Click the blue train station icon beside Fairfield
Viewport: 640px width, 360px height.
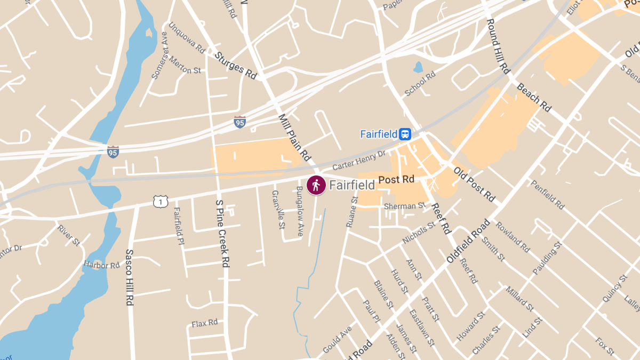pos(406,134)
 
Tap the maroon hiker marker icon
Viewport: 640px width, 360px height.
pos(316,185)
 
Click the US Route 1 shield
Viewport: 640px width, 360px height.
pos(160,201)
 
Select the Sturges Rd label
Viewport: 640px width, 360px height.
pos(236,64)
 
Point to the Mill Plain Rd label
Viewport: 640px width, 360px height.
pos(294,138)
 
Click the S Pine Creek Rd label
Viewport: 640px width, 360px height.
pos(222,234)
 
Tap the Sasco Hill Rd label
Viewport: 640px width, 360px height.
pos(129,277)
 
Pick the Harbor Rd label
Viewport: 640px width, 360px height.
pos(102,265)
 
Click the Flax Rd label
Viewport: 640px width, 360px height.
pos(205,323)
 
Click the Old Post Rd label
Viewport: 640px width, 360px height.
pos(474,185)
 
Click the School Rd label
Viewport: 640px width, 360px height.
pos(420,84)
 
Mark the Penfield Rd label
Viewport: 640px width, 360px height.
pos(547,194)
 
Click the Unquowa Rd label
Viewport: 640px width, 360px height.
pos(187,37)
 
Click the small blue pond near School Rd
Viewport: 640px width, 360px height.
pos(418,67)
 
